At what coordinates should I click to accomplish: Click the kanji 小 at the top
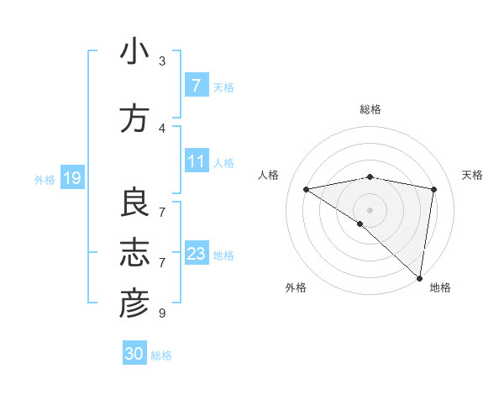134,52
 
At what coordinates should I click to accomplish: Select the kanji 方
134,118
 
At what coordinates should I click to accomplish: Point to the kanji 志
134,253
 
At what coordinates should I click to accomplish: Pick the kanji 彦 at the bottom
134,304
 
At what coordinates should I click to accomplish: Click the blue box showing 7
196,86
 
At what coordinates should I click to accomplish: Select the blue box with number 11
196,161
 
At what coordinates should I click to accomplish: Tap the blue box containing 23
196,254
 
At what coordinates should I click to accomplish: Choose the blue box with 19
71,178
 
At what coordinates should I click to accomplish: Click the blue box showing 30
134,354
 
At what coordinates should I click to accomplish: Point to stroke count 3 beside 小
162,61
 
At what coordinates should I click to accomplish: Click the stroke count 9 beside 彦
162,313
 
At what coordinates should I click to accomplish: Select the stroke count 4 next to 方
162,128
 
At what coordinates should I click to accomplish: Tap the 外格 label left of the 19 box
44,179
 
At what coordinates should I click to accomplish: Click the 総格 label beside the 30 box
161,355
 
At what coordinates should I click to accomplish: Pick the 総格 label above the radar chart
370,109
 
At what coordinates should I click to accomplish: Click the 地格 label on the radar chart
440,287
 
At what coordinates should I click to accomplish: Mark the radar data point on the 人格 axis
306,189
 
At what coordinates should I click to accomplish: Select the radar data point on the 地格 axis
420,277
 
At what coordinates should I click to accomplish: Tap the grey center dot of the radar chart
370,208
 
